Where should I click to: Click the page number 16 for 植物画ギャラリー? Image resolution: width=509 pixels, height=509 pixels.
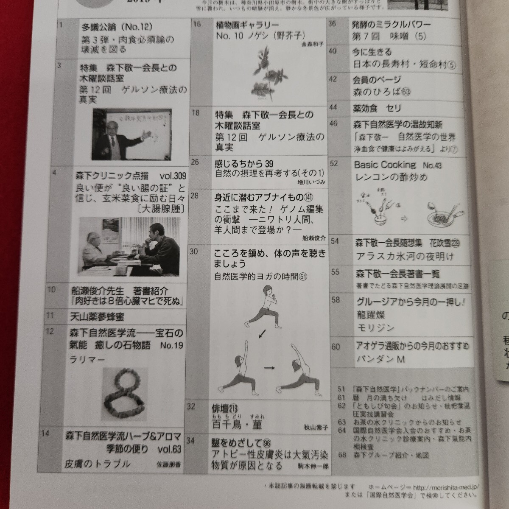[197, 24]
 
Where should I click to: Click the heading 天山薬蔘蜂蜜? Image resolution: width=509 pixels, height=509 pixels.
[98, 316]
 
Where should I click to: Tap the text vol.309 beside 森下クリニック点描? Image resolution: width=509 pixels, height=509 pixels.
[172, 176]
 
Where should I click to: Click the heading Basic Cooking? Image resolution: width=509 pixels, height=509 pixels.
[385, 165]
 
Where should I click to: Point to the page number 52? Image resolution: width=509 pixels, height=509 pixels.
[334, 164]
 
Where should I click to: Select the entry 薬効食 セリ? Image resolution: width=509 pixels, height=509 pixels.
[377, 109]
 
